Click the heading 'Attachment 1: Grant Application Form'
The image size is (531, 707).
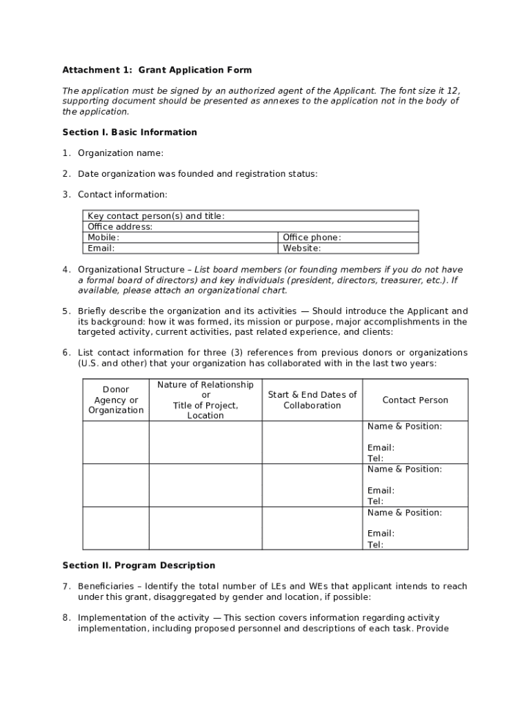coord(157,70)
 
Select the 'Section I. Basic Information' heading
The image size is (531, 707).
coord(130,132)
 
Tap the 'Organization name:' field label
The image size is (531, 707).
coord(120,153)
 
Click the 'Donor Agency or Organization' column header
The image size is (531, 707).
coord(116,400)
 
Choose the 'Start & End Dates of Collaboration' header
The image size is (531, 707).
coord(312,400)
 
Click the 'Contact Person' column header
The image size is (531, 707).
coord(415,400)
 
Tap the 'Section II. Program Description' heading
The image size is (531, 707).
coord(139,565)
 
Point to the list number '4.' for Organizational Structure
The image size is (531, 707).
coord(66,269)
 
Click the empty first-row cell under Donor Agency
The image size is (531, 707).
coord(116,442)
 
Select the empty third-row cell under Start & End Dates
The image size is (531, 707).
coord(312,528)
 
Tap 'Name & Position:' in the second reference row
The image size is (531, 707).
coord(404,469)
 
